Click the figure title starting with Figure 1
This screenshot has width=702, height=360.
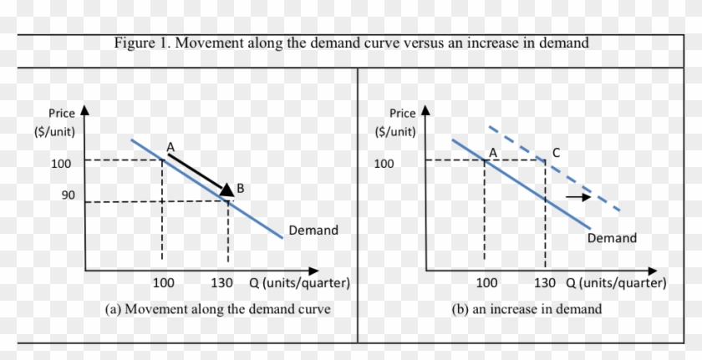pyautogui.click(x=351, y=43)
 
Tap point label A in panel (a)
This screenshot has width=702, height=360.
pyautogui.click(x=170, y=147)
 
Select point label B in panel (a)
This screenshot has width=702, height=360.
pyautogui.click(x=240, y=189)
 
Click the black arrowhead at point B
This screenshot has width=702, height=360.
pyautogui.click(x=226, y=191)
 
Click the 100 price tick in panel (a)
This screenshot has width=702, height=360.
pyautogui.click(x=61, y=163)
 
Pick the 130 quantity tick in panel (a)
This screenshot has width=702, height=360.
pyautogui.click(x=221, y=283)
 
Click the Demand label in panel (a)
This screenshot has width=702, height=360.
pyautogui.click(x=313, y=230)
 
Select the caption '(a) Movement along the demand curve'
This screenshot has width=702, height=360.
pyautogui.click(x=217, y=309)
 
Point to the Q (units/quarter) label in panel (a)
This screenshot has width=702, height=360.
pyautogui.click(x=299, y=283)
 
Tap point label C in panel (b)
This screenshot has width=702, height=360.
pyautogui.click(x=556, y=152)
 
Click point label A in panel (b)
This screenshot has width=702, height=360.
pyautogui.click(x=493, y=152)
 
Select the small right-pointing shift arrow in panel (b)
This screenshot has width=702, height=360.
pyautogui.click(x=577, y=196)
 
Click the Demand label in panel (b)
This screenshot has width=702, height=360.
pyautogui.click(x=612, y=238)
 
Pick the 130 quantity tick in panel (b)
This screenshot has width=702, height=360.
pyautogui.click(x=544, y=283)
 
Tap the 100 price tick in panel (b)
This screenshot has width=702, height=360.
pyautogui.click(x=384, y=163)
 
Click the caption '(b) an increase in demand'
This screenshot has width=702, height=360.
pyautogui.click(x=526, y=309)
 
